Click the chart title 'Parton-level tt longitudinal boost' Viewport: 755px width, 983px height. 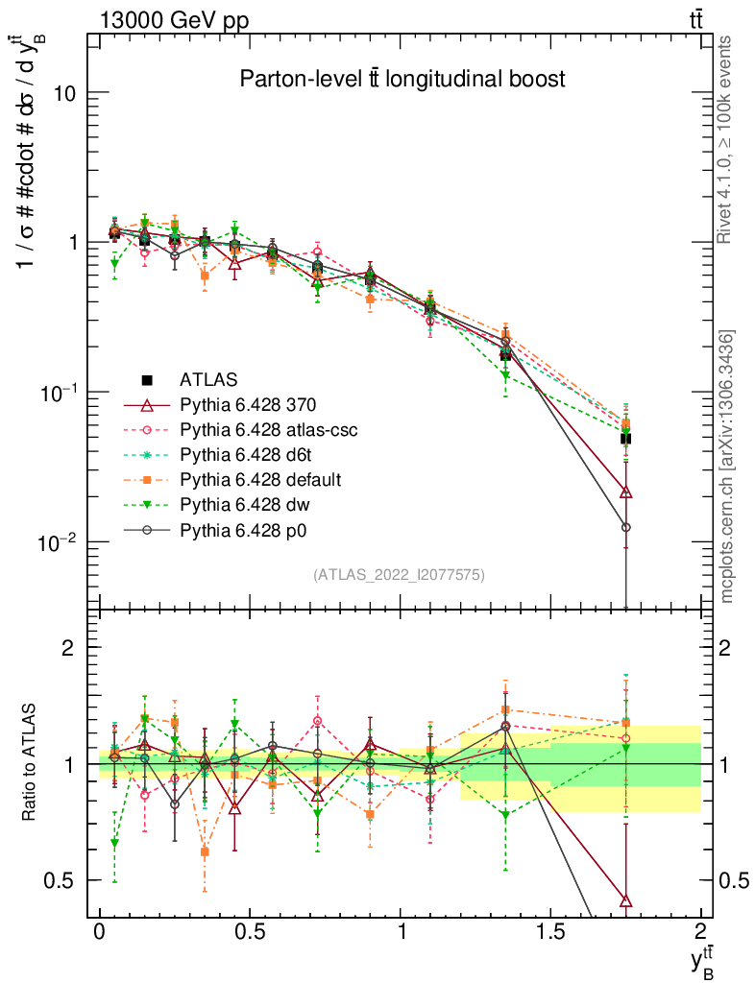(402, 80)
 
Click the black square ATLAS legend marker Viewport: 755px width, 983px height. (146, 380)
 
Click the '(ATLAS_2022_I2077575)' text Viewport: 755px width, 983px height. (399, 575)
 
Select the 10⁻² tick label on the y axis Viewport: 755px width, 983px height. (58, 543)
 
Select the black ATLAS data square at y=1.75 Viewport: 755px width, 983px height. (625, 439)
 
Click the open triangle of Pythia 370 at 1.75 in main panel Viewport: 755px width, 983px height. (626, 492)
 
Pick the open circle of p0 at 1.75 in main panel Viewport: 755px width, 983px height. (626, 527)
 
